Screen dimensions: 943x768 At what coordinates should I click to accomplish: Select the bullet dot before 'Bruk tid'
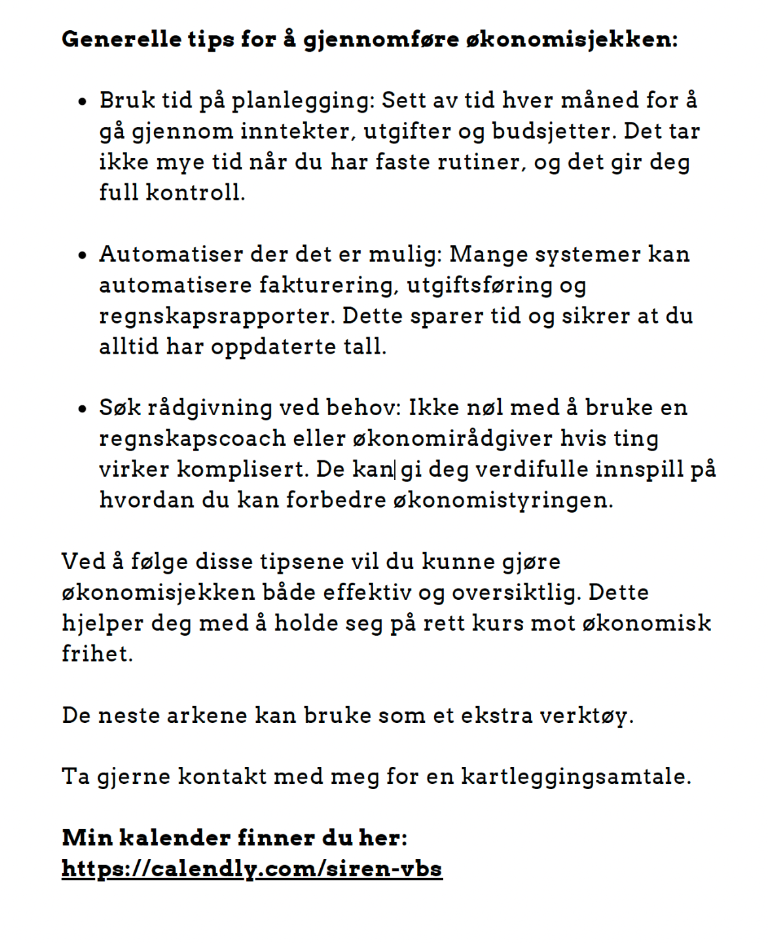pos(82,102)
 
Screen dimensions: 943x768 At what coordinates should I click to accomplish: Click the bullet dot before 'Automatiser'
pos(82,256)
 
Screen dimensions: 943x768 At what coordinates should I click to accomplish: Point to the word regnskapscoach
pos(192,439)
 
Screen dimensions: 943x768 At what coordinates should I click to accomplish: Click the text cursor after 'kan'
pos(395,470)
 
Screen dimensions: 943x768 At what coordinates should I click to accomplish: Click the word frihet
pos(97,654)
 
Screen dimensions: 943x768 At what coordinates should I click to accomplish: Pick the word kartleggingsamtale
pos(576,777)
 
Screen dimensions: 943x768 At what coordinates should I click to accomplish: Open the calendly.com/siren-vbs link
pos(252,869)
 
